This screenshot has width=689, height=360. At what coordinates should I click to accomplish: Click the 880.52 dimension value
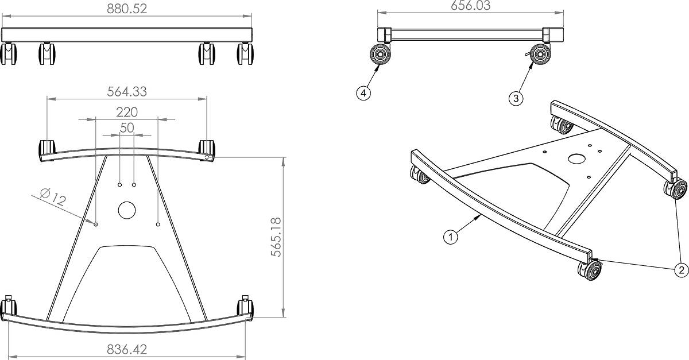point(127,9)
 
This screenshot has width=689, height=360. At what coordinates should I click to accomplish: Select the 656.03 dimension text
point(471,6)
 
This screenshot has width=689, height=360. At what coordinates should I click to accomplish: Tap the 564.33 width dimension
point(127,91)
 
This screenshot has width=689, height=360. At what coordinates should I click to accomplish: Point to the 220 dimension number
point(127,111)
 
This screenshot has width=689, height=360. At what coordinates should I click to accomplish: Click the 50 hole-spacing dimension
point(127,127)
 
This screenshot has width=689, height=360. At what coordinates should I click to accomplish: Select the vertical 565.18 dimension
point(277,237)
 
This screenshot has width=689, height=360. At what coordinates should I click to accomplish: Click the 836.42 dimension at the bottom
point(127,349)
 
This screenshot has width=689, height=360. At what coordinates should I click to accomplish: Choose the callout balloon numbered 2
point(681,269)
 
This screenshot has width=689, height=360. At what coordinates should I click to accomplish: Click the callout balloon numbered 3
point(516,98)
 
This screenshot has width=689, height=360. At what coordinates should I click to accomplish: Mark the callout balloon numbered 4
point(363,92)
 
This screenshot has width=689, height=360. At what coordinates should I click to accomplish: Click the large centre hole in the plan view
point(126,210)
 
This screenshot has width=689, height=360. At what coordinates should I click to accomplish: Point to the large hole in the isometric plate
point(575,158)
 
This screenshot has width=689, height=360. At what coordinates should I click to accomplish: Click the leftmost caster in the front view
point(9,54)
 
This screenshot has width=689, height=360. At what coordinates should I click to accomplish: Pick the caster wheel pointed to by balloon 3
point(540,56)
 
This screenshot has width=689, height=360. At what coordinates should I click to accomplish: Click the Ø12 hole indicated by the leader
point(96,224)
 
